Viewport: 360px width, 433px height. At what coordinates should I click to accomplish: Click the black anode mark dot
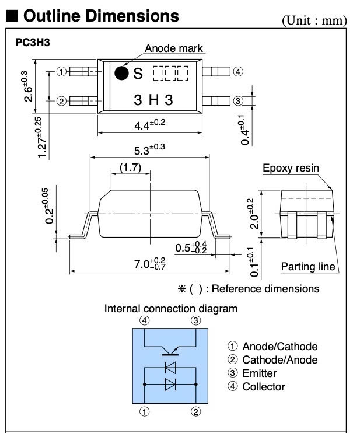coord(121,73)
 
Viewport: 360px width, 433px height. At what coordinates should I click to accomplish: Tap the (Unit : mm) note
coord(314,20)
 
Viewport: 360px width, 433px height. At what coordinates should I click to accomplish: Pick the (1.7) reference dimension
coord(130,167)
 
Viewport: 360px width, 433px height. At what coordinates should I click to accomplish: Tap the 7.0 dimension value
coord(149,263)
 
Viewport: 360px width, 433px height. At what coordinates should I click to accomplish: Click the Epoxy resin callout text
coord(291,169)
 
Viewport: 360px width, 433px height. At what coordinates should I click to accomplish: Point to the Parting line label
coord(308,267)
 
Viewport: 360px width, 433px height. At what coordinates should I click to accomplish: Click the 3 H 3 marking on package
coord(153,100)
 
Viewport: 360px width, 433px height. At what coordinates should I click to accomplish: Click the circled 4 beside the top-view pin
coord(237,72)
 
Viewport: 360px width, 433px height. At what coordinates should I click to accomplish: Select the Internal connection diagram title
coord(170,308)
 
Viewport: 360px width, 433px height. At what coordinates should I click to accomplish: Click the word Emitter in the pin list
coord(259,373)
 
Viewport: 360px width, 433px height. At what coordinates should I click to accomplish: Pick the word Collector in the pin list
coord(264,386)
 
